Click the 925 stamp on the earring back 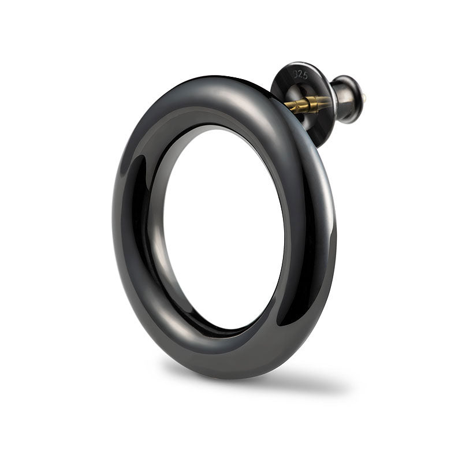(x=300, y=74)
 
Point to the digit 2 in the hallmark (x=300, y=74)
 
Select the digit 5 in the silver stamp (x=305, y=76)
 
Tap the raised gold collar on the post (x=312, y=104)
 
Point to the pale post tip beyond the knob (x=366, y=96)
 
